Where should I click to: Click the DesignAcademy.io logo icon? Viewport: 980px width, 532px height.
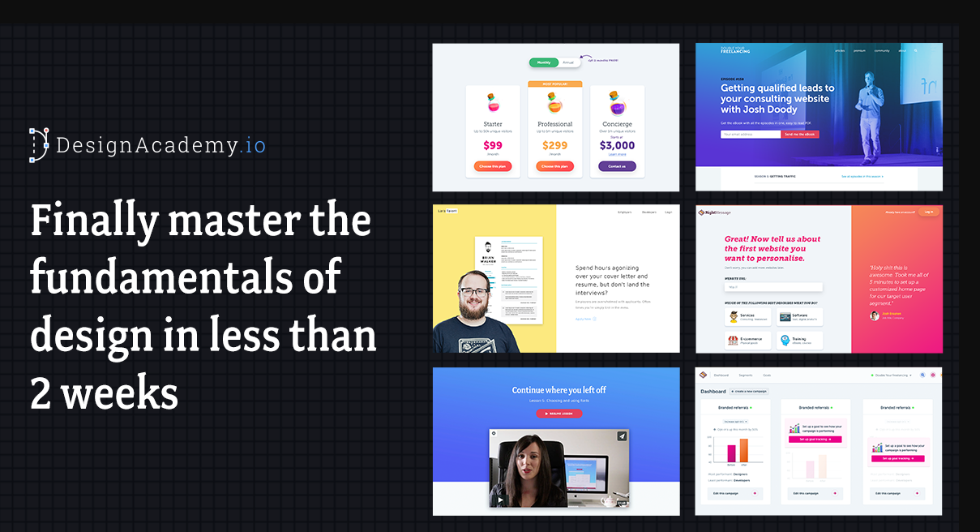point(39,144)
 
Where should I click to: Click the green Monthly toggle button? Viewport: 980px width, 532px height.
point(543,62)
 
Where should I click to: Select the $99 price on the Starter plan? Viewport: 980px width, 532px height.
point(493,146)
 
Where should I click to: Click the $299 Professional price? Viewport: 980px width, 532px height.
point(554,146)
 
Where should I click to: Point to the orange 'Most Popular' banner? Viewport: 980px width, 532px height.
point(554,84)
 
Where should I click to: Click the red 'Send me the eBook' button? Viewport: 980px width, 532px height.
point(799,134)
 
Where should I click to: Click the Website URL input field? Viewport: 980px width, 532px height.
point(773,286)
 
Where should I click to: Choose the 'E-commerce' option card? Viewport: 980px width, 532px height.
point(747,340)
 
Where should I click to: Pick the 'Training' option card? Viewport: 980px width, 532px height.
point(799,340)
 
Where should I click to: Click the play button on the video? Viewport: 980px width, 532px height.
point(500,500)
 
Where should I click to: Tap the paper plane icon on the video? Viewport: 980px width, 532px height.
point(621,436)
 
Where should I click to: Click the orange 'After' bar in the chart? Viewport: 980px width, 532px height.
point(743,449)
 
